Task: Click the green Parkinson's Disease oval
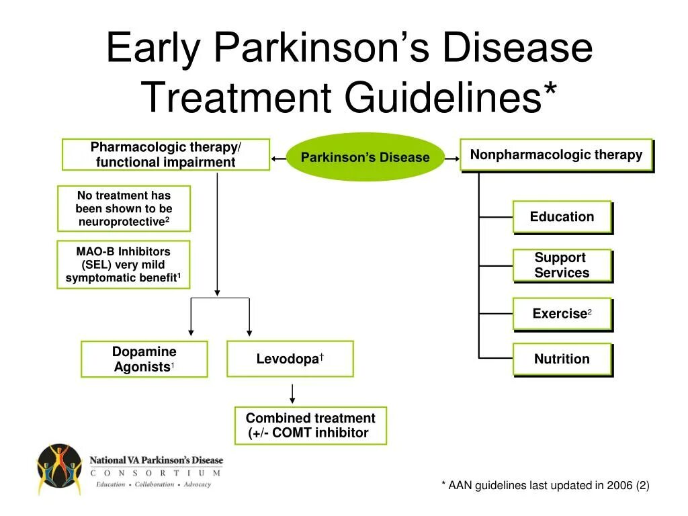tap(365, 157)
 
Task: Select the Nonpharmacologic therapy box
tap(556, 155)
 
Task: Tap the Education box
tap(562, 217)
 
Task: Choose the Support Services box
tap(562, 265)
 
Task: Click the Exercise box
tap(562, 314)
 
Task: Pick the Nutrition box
tap(562, 359)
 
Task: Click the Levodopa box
tap(290, 359)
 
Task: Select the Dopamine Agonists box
tap(144, 359)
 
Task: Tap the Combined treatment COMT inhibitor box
tap(310, 425)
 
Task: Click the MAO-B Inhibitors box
tap(123, 265)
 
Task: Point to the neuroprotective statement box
tap(124, 208)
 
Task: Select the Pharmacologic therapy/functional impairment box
tap(165, 155)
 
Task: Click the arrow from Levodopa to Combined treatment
tap(292, 394)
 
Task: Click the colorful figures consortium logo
tap(59, 468)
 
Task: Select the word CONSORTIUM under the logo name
tap(155, 473)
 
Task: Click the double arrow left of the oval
tap(278, 159)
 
